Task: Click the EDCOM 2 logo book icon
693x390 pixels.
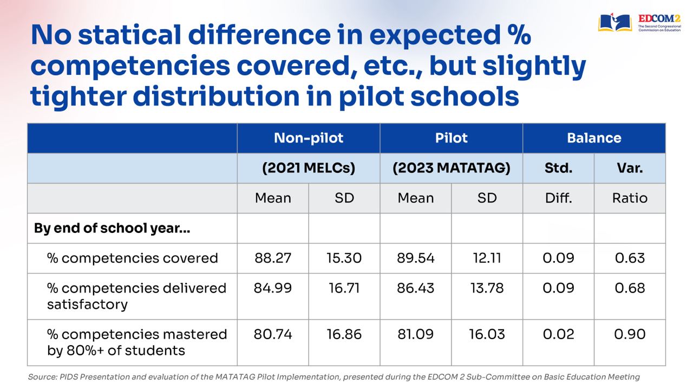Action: pos(614,22)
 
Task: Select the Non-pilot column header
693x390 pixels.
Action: pos(309,138)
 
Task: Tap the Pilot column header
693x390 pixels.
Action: pos(451,138)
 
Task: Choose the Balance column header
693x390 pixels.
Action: pos(594,138)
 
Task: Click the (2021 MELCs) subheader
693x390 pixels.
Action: pos(309,168)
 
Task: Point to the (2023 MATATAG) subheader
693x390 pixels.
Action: pos(451,168)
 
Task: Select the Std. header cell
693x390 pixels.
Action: pos(558,168)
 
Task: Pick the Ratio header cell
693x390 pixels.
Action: pos(630,198)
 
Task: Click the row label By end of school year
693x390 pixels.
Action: pos(112,228)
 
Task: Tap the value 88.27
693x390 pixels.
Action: pos(273,258)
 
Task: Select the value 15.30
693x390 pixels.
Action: pos(344,258)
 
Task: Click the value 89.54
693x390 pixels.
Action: pos(415,258)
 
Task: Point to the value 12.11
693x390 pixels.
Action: pos(487,258)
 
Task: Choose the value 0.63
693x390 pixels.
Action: pos(630,258)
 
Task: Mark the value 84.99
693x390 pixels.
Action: pos(273,288)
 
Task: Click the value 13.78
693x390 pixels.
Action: pos(487,288)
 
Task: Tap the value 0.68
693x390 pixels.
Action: pos(630,288)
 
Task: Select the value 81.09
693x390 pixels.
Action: pos(415,334)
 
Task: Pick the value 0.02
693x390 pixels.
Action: pos(558,334)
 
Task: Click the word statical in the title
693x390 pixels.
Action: pos(129,35)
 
